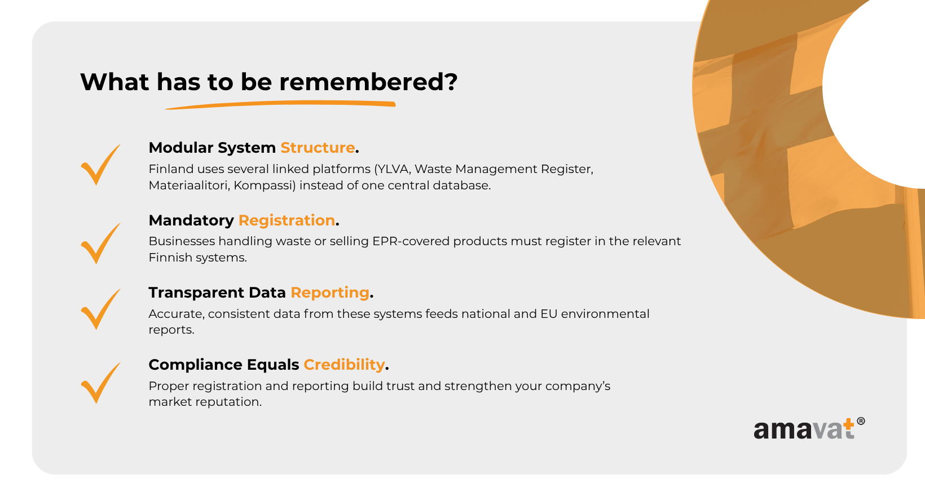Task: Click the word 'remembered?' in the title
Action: click(x=368, y=82)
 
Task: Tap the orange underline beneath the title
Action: click(x=280, y=104)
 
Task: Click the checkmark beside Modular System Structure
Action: click(x=100, y=164)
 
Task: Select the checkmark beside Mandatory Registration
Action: click(x=100, y=243)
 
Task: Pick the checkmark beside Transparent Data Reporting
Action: click(x=100, y=309)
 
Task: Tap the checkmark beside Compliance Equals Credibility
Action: click(x=100, y=383)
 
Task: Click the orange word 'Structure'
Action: click(x=318, y=148)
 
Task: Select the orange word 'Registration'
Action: click(x=287, y=220)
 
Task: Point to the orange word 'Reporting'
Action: click(x=330, y=293)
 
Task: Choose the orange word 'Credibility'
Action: click(x=345, y=365)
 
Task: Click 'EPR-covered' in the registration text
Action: click(x=411, y=241)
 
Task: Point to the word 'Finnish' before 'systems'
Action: click(x=170, y=258)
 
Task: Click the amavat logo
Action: click(x=809, y=429)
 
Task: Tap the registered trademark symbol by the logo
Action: click(x=861, y=421)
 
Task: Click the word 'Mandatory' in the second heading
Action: click(x=191, y=221)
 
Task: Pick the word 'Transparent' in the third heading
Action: click(x=196, y=293)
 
